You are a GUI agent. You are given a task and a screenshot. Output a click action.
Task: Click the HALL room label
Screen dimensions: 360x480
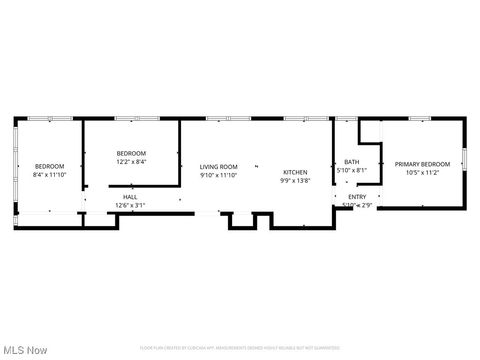coord(130,198)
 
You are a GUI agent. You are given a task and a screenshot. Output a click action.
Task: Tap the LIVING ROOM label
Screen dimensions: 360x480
coord(218,167)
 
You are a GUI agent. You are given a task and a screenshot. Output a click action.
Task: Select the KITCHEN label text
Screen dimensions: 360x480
coord(295,172)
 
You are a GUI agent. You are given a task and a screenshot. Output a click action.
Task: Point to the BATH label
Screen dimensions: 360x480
coord(351,162)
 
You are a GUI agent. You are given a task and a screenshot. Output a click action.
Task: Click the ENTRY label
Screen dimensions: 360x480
coord(356,197)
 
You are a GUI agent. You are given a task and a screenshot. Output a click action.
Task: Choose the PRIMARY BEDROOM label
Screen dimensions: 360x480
coord(422,164)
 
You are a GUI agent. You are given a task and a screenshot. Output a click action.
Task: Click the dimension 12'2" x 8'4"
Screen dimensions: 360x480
coord(131,161)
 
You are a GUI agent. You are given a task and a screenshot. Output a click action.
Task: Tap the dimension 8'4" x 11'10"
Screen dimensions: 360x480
coord(49,174)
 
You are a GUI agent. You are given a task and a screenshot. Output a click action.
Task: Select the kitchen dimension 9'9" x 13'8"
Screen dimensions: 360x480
coord(295,180)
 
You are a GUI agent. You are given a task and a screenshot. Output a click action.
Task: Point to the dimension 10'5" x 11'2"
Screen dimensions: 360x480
coord(422,172)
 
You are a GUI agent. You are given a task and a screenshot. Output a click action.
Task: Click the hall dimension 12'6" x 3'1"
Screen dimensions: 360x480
coord(130,205)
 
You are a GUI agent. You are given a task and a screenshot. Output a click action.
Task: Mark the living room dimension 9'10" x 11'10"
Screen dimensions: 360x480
coord(218,175)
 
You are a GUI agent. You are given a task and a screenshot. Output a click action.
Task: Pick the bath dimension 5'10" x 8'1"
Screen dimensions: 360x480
coord(351,170)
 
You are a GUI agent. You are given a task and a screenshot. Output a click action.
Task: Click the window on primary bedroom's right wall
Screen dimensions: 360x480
coord(464,157)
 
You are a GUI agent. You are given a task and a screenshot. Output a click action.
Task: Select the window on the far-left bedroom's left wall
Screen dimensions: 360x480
coord(15,161)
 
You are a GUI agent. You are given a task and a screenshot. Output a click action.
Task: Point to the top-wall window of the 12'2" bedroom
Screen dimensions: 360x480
coord(131,119)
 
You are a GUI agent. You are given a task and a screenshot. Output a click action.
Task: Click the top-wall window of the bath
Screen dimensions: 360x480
coord(346,119)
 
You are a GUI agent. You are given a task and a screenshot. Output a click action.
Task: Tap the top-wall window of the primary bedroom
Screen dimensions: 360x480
coord(420,119)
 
